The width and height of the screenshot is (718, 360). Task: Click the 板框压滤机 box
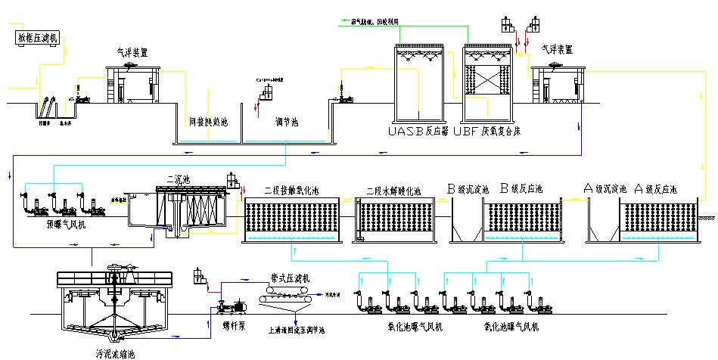coord(36,38)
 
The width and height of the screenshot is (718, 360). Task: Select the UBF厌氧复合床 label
coord(492,131)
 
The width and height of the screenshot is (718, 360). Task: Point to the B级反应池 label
coord(525,188)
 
